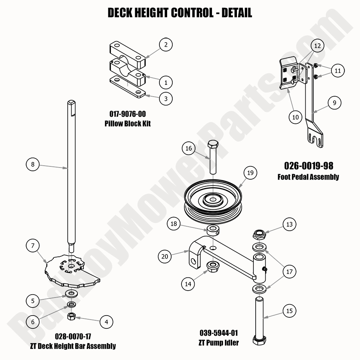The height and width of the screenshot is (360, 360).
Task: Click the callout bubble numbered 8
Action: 33,164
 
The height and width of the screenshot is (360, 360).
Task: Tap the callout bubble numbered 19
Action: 250,173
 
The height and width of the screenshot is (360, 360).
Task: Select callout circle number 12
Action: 317,46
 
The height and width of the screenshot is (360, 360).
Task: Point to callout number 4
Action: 106,322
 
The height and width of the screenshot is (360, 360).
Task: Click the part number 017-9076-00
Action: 127,115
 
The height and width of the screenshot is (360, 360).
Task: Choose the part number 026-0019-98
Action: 309,166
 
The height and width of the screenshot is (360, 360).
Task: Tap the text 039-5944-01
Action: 219,333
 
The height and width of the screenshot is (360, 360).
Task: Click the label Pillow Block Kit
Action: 127,124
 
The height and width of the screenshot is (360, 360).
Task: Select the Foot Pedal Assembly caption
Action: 308,177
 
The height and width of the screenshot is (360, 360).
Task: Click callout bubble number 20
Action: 165,256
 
